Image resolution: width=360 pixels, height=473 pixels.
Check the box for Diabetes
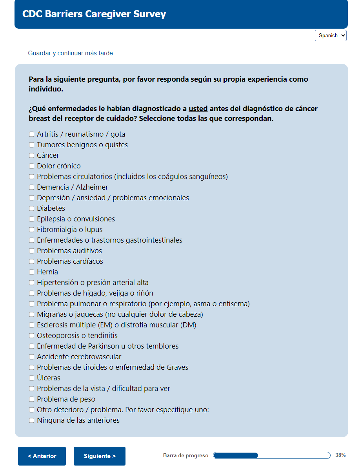pos(31,208)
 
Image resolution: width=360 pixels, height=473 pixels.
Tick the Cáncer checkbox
pos(31,155)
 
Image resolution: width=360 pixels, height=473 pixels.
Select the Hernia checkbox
pos(31,272)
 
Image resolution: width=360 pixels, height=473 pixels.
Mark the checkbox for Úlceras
pos(31,378)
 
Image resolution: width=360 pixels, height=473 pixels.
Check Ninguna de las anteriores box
pos(31,420)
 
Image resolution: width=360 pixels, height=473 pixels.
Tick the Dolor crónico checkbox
pos(31,166)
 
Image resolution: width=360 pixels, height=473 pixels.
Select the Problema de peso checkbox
pos(31,399)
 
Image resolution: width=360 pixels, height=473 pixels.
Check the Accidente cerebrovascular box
pos(31,357)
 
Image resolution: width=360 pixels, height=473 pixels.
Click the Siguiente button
pos(100,456)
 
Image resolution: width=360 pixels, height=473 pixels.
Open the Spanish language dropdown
pos(331,35)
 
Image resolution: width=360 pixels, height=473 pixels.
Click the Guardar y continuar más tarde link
pos(70,53)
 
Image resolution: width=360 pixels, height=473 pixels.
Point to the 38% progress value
pos(340,455)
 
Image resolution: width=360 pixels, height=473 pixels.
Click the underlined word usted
pos(198,109)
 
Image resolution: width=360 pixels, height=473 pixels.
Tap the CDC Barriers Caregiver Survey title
pos(94,14)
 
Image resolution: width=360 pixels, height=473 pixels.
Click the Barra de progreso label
pos(185,456)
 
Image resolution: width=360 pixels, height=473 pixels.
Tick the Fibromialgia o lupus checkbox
pos(31,230)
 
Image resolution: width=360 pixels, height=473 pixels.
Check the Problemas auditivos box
pos(31,251)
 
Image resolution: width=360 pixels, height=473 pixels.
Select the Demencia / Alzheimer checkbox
pos(31,187)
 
